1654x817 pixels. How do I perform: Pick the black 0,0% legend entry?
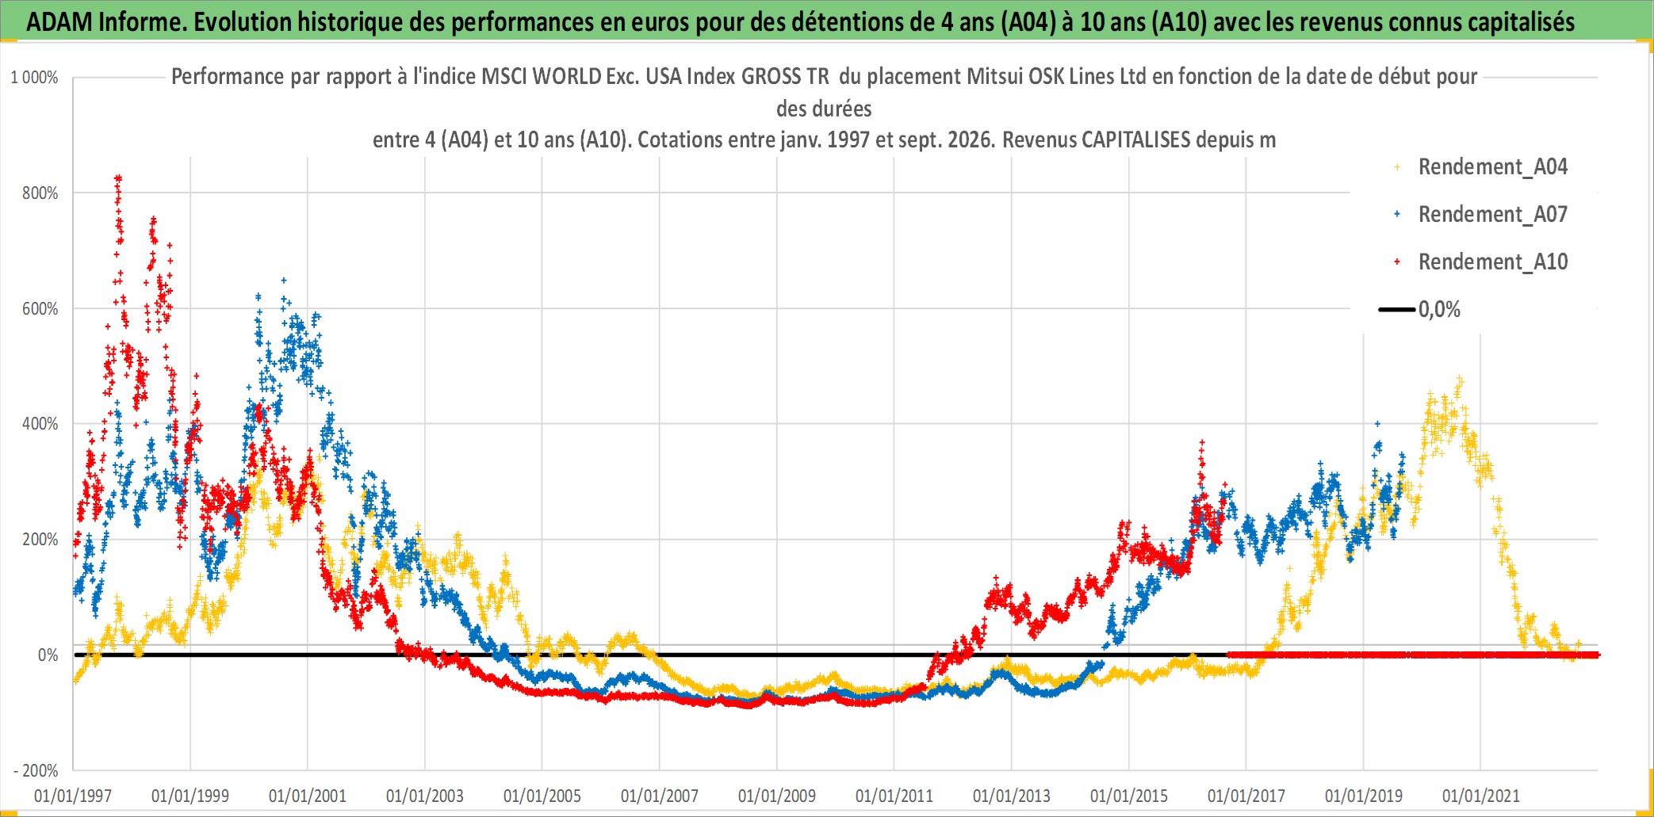tap(1420, 309)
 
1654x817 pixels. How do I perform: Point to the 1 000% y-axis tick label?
tap(34, 78)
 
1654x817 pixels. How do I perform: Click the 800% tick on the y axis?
tap(40, 193)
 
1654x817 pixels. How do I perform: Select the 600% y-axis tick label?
tap(40, 309)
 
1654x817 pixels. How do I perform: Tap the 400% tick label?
tap(40, 424)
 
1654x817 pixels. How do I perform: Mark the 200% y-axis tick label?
tap(40, 540)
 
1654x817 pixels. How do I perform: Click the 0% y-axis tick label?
tap(48, 655)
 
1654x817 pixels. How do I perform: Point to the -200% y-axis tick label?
tap(36, 770)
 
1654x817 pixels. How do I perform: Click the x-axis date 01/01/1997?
tap(73, 796)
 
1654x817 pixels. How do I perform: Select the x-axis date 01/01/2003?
tap(425, 796)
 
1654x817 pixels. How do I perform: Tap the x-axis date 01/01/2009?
tap(777, 796)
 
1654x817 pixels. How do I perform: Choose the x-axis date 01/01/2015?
tap(1129, 796)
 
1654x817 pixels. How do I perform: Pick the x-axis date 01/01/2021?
tap(1481, 796)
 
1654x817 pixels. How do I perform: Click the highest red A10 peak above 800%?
tap(118, 178)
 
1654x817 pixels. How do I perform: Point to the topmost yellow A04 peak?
tap(1459, 380)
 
